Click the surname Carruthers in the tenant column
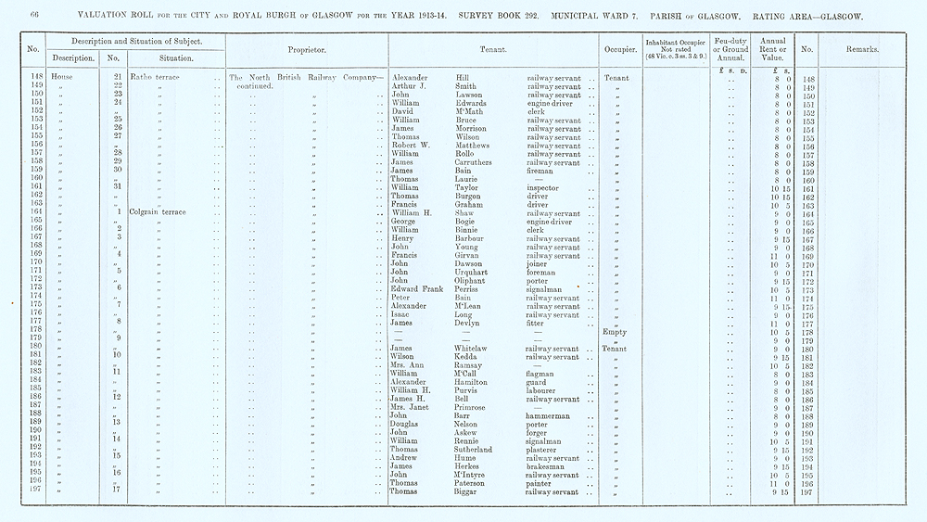480,162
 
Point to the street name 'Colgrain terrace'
159,212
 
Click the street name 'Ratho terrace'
155,79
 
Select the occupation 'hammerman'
550,416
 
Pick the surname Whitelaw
476,349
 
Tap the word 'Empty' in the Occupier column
615,332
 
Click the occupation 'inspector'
545,187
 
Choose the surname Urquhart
476,273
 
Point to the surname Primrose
475,407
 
